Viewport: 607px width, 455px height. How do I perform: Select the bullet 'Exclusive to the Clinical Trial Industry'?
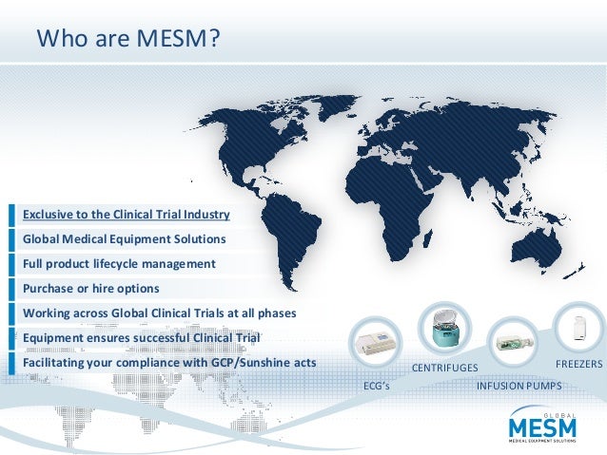[127, 213]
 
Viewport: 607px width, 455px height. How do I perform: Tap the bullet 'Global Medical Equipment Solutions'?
[124, 238]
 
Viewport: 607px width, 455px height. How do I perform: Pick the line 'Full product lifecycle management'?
[119, 263]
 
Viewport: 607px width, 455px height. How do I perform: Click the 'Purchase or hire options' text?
[90, 288]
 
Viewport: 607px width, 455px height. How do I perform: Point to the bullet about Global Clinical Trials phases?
[160, 313]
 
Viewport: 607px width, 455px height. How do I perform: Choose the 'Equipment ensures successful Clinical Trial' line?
[141, 337]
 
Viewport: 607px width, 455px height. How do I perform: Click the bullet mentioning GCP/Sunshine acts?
[169, 362]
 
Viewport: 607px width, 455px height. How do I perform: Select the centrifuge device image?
[443, 332]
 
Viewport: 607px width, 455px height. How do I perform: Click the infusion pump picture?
[512, 341]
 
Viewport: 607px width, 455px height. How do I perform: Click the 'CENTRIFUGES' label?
[443, 368]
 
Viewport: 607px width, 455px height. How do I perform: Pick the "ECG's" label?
[377, 386]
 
